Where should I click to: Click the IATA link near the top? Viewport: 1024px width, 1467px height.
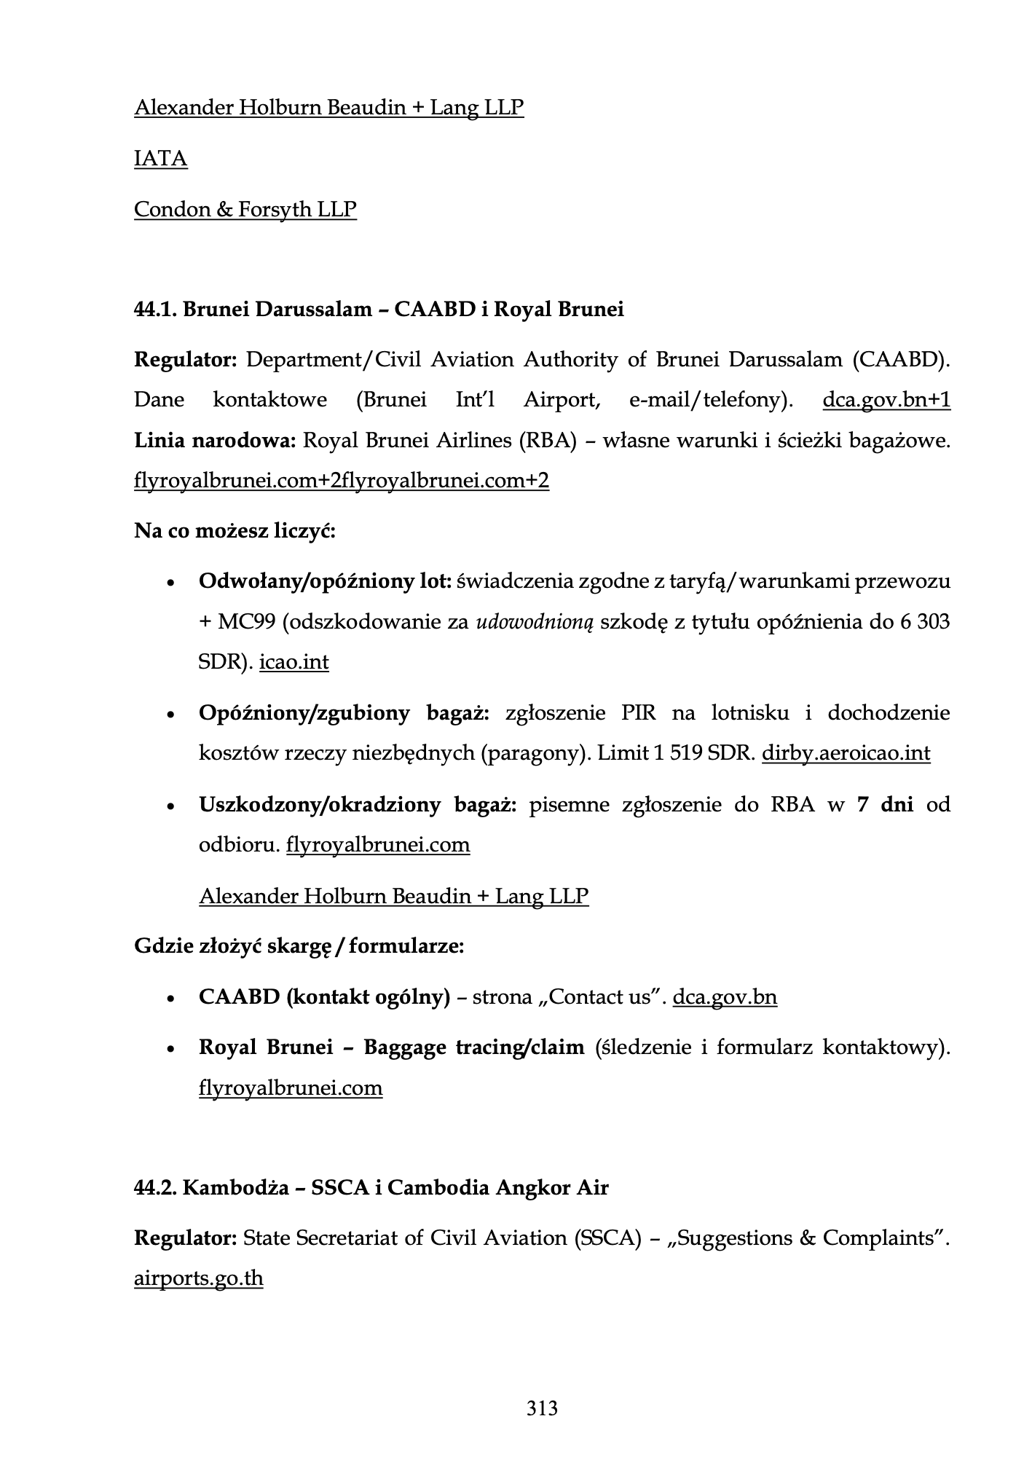click(160, 159)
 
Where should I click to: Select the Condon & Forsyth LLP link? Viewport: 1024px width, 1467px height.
click(245, 210)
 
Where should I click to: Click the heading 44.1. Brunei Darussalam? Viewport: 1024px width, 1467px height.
click(379, 310)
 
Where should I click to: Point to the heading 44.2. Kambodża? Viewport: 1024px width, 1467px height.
click(371, 1188)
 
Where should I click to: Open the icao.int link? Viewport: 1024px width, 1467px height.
click(294, 662)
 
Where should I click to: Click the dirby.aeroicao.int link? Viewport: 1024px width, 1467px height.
click(846, 752)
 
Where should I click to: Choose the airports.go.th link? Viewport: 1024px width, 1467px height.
click(198, 1278)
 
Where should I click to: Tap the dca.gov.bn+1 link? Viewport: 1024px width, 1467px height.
click(886, 400)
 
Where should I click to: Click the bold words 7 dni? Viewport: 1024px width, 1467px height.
click(885, 804)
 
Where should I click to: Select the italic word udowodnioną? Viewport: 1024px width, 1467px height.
click(535, 622)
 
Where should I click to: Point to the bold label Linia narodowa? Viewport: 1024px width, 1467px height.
click(215, 441)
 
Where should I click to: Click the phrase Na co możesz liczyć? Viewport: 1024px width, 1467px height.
click(235, 530)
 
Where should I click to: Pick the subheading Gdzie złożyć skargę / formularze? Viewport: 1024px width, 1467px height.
click(299, 946)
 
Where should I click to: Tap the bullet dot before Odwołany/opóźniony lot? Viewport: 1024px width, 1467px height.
click(170, 583)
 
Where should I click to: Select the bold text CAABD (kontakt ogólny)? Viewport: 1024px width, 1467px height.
click(324, 996)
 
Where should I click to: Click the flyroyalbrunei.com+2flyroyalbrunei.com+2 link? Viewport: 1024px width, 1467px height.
click(341, 481)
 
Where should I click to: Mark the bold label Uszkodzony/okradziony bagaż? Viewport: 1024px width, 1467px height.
click(357, 804)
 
